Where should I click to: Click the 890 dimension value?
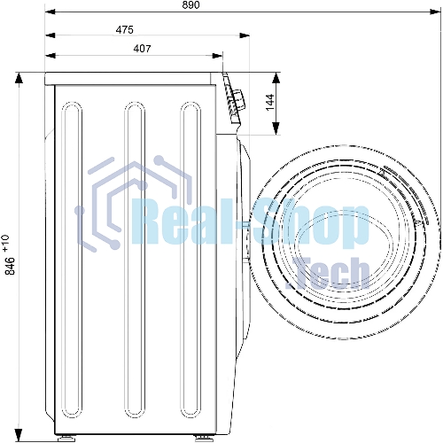[x=190, y=5]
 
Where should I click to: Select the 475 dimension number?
[x=124, y=30]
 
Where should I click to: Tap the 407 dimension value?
[x=142, y=49]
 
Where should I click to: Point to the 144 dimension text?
[x=270, y=103]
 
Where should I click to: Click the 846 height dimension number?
[x=11, y=266]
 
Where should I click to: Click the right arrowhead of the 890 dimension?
[x=435, y=12]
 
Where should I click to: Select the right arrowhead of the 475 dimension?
[x=245, y=35]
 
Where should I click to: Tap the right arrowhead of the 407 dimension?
[x=217, y=56]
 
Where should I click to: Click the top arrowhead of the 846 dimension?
[x=19, y=79]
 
